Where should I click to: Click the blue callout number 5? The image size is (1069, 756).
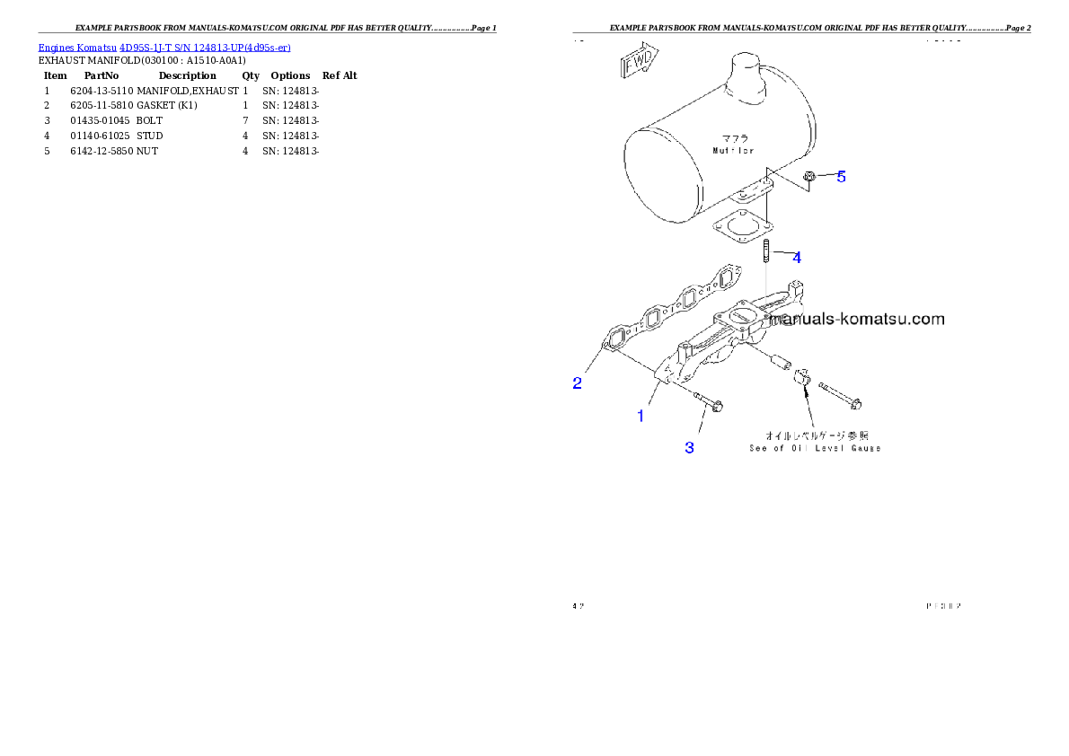point(841,177)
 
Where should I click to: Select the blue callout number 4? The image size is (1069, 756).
point(796,258)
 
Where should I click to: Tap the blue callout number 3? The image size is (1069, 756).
point(689,447)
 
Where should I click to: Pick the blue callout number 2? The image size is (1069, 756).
point(578,383)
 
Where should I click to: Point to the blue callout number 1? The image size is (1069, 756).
point(641,416)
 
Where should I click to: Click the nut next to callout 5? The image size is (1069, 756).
point(808,178)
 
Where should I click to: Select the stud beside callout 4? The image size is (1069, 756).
point(764,251)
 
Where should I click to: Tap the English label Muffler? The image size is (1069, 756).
point(732,151)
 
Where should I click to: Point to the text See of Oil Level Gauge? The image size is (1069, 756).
point(815,447)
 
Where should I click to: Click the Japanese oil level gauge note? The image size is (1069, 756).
point(816,435)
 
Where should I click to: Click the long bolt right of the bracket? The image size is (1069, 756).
point(841,395)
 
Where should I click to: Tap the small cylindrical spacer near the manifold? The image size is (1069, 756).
point(780,360)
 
